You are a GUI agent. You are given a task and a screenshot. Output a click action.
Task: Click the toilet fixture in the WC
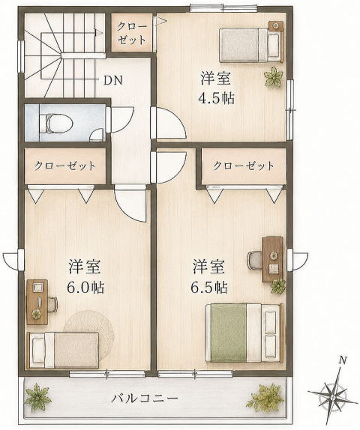point(55,123)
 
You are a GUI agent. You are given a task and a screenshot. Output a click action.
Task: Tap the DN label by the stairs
point(112,80)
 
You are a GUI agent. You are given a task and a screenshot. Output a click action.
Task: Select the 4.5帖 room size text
point(217,99)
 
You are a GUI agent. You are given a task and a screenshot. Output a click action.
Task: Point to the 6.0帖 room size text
point(85,288)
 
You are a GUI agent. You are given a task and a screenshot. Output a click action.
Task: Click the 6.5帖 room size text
point(209,288)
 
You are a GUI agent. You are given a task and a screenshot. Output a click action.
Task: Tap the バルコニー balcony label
point(144,398)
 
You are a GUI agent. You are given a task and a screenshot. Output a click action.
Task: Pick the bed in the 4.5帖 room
point(250,45)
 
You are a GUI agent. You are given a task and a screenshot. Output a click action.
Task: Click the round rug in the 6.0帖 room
point(89,327)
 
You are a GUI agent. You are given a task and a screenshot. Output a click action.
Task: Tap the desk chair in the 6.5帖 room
point(255,260)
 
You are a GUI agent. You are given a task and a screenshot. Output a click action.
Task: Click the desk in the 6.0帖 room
point(37,302)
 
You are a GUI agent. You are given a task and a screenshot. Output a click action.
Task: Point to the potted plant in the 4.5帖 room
point(274,77)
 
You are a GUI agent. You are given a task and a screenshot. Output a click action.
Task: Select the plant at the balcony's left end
point(38,397)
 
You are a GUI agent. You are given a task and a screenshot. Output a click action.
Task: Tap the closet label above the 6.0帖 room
point(64,166)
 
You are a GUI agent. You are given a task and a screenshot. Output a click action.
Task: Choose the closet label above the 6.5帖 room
point(244,166)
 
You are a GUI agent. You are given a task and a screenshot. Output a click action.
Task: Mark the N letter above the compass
point(342,360)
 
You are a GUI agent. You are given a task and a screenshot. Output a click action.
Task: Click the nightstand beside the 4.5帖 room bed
point(275,26)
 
